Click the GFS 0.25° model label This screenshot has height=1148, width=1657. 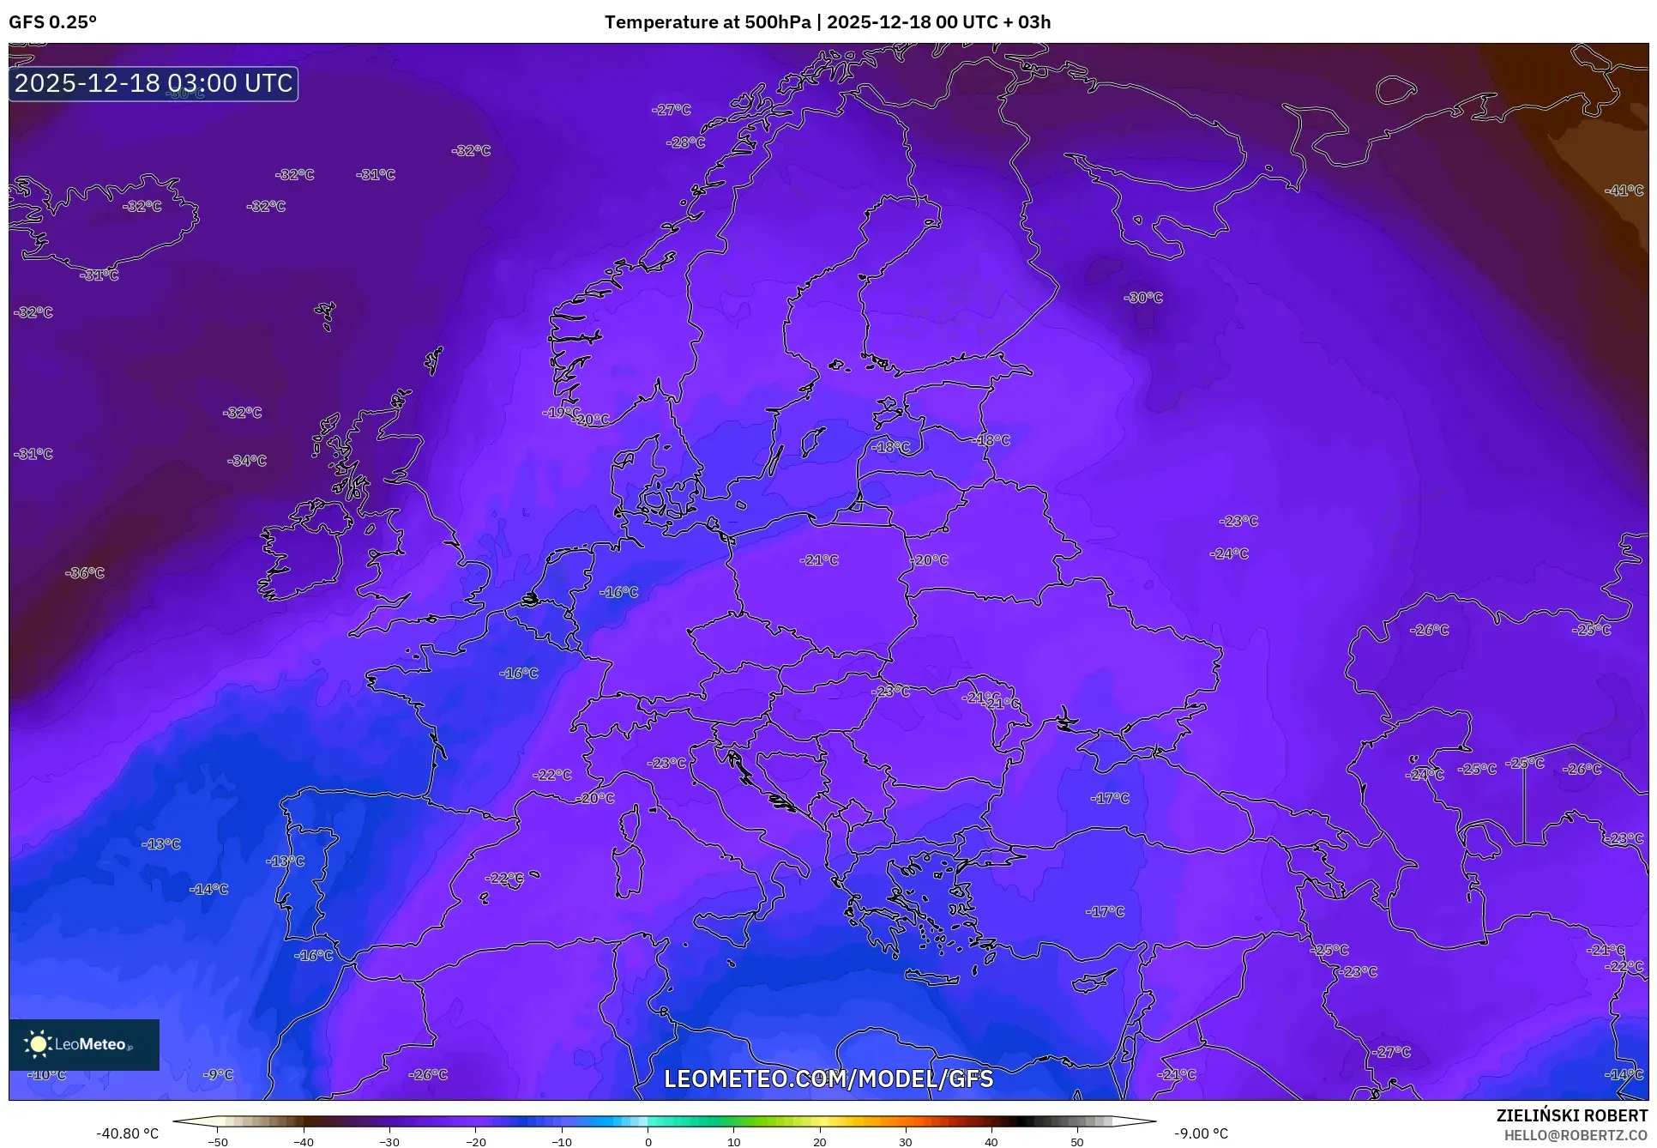pos(52,21)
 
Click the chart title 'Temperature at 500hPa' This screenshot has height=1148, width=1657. pos(707,21)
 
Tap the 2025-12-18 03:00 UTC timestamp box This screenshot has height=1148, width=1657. pos(154,83)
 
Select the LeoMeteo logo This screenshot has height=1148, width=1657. pos(84,1044)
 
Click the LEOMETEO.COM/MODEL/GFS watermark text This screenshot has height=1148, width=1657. pos(828,1079)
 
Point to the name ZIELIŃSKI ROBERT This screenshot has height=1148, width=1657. pos(1571,1115)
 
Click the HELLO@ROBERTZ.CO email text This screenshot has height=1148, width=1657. pos(1576,1135)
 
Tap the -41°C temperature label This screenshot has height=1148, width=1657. pos(1624,190)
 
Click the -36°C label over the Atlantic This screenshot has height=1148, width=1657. pos(85,572)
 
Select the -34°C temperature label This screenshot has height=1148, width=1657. pos(247,461)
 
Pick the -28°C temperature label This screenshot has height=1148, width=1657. pos(685,142)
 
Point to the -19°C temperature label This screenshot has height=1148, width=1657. pos(561,413)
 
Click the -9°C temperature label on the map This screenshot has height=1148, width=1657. pos(219,1074)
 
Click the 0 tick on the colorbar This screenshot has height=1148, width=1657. pos(648,1141)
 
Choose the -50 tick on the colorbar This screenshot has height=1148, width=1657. pos(218,1141)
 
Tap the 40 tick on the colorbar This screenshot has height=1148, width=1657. pos(991,1141)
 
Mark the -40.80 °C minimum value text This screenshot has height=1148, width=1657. pos(127,1133)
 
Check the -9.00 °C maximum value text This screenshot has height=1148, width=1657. pos(1201,1133)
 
